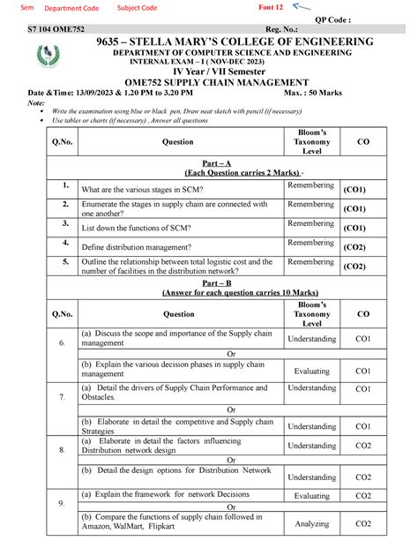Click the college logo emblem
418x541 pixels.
(44, 58)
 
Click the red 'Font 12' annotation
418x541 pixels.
(271, 7)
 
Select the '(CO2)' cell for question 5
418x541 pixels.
(355, 266)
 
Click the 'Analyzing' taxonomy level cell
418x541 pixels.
(311, 523)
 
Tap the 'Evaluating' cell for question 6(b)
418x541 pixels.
(311, 372)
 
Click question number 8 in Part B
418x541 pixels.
(62, 449)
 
